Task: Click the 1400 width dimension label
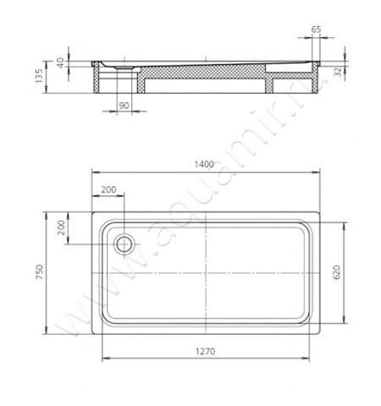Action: pyautogui.click(x=204, y=164)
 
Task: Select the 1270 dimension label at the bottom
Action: pyautogui.click(x=205, y=351)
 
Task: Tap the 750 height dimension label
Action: pyautogui.click(x=39, y=272)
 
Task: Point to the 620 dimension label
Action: pyautogui.click(x=337, y=272)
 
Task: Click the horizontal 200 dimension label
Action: pyautogui.click(x=108, y=189)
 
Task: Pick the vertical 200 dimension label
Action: pyautogui.click(x=61, y=228)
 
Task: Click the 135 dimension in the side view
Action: pyautogui.click(x=39, y=76)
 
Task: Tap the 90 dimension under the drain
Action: pyautogui.click(x=124, y=106)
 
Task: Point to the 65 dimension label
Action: pyautogui.click(x=316, y=30)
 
